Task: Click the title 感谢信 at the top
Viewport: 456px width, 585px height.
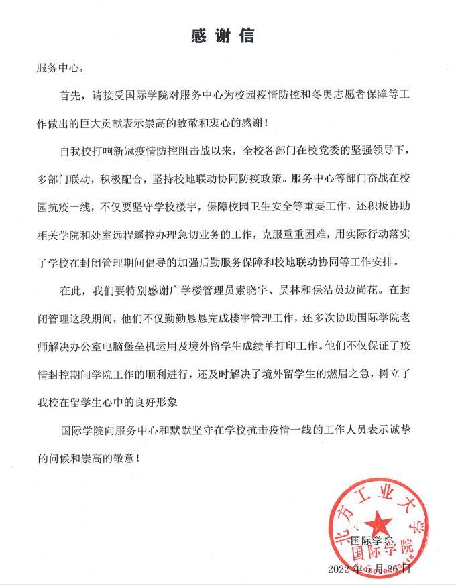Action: [227, 34]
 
